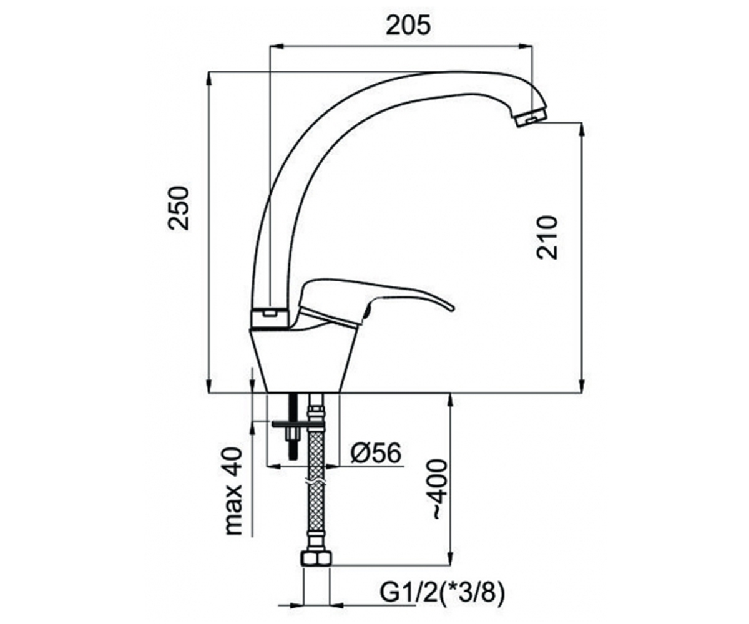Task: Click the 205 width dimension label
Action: point(408,26)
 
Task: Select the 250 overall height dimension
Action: point(179,208)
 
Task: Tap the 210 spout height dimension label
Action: point(547,237)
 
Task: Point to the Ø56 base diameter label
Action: point(376,452)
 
